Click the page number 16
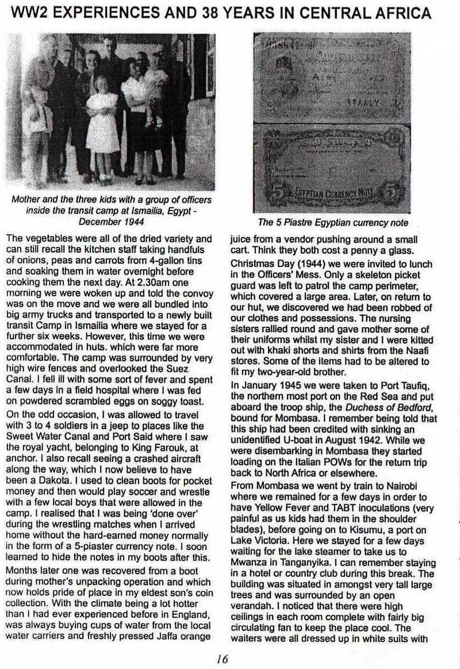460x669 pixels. tap(223, 655)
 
